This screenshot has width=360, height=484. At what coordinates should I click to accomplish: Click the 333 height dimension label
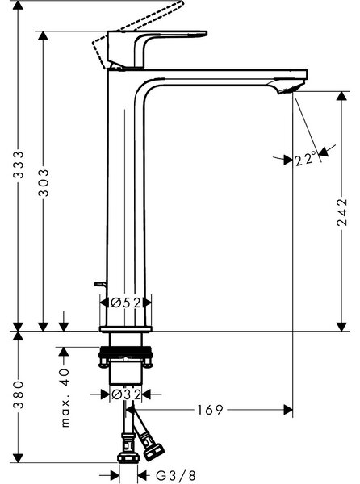tap(19, 165)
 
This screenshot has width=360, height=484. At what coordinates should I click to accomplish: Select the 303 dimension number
tap(44, 182)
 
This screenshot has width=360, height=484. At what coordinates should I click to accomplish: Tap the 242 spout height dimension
tap(342, 212)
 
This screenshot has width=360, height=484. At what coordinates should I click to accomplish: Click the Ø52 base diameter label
tap(125, 302)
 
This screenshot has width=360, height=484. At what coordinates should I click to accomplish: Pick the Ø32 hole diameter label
tap(126, 394)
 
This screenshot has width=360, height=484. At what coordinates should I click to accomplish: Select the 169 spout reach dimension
tap(210, 410)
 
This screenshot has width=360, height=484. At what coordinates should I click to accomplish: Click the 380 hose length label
tap(19, 394)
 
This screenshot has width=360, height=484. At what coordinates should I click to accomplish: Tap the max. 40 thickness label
tap(65, 398)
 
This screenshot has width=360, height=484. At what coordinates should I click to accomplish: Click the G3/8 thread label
tap(176, 475)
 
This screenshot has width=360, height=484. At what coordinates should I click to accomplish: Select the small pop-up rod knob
tap(99, 284)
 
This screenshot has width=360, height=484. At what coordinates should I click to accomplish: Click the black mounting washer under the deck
tap(125, 352)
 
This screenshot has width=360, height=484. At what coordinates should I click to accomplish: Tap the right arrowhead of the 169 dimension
tap(288, 410)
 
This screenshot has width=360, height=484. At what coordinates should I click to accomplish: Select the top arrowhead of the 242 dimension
tap(341, 96)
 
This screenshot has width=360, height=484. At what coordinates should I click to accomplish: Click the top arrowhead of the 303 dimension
tap(43, 35)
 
